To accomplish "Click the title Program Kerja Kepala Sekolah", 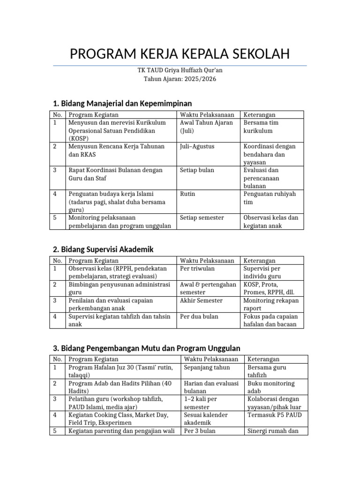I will pos(180,54).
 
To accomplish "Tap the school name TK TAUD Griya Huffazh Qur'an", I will pos(180,70).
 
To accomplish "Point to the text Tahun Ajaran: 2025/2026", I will pos(180,79).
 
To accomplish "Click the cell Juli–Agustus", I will pos(197,147).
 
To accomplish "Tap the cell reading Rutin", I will pos(187,194).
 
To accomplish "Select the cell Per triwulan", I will pos(197,269).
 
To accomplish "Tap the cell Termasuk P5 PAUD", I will pos(271,415).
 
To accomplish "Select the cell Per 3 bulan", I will pos(200,431).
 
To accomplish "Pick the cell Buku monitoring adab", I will pos(271,387).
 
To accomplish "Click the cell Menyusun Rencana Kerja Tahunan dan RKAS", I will pos(117,150).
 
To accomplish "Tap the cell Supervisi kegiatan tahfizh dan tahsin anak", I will pos(120,320).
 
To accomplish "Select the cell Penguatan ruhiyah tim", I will pos(270,198).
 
